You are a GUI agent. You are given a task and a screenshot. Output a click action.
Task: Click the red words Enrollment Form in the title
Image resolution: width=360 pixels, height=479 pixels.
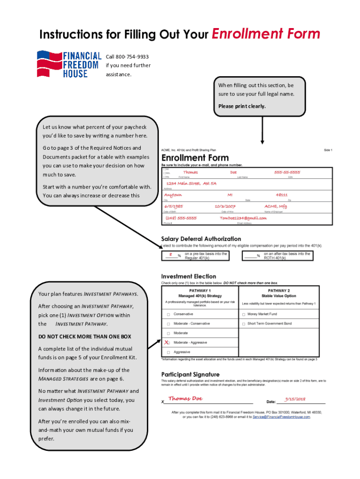pos(266,34)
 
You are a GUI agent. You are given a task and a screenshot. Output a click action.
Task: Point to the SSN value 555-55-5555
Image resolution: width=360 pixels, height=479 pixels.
pos(287,173)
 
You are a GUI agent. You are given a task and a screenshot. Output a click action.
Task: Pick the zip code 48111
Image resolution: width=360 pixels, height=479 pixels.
pos(281,195)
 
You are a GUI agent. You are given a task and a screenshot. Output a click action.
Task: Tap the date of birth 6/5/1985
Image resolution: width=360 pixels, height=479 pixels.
pos(173,206)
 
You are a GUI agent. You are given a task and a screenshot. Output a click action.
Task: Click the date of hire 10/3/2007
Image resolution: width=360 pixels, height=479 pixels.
pos(225,206)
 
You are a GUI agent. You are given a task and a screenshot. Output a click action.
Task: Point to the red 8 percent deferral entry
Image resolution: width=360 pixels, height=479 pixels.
pos(171,255)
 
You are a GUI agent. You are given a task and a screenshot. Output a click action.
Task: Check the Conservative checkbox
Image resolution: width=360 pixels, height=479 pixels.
pos(168,314)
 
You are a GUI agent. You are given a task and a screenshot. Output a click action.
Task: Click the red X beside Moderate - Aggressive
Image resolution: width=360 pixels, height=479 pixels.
pos(167,342)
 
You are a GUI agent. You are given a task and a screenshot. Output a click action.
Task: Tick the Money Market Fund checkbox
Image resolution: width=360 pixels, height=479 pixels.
pos(244,314)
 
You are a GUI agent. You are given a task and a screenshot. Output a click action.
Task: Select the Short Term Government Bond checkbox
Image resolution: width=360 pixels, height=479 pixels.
pos(244,324)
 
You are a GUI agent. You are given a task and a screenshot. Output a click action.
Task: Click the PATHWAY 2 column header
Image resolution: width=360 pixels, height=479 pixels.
pos(279,290)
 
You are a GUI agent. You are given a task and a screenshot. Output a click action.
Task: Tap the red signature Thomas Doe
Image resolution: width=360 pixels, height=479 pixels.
pos(186,399)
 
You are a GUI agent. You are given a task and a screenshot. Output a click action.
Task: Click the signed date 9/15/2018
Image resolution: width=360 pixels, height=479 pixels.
pos(295,399)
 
